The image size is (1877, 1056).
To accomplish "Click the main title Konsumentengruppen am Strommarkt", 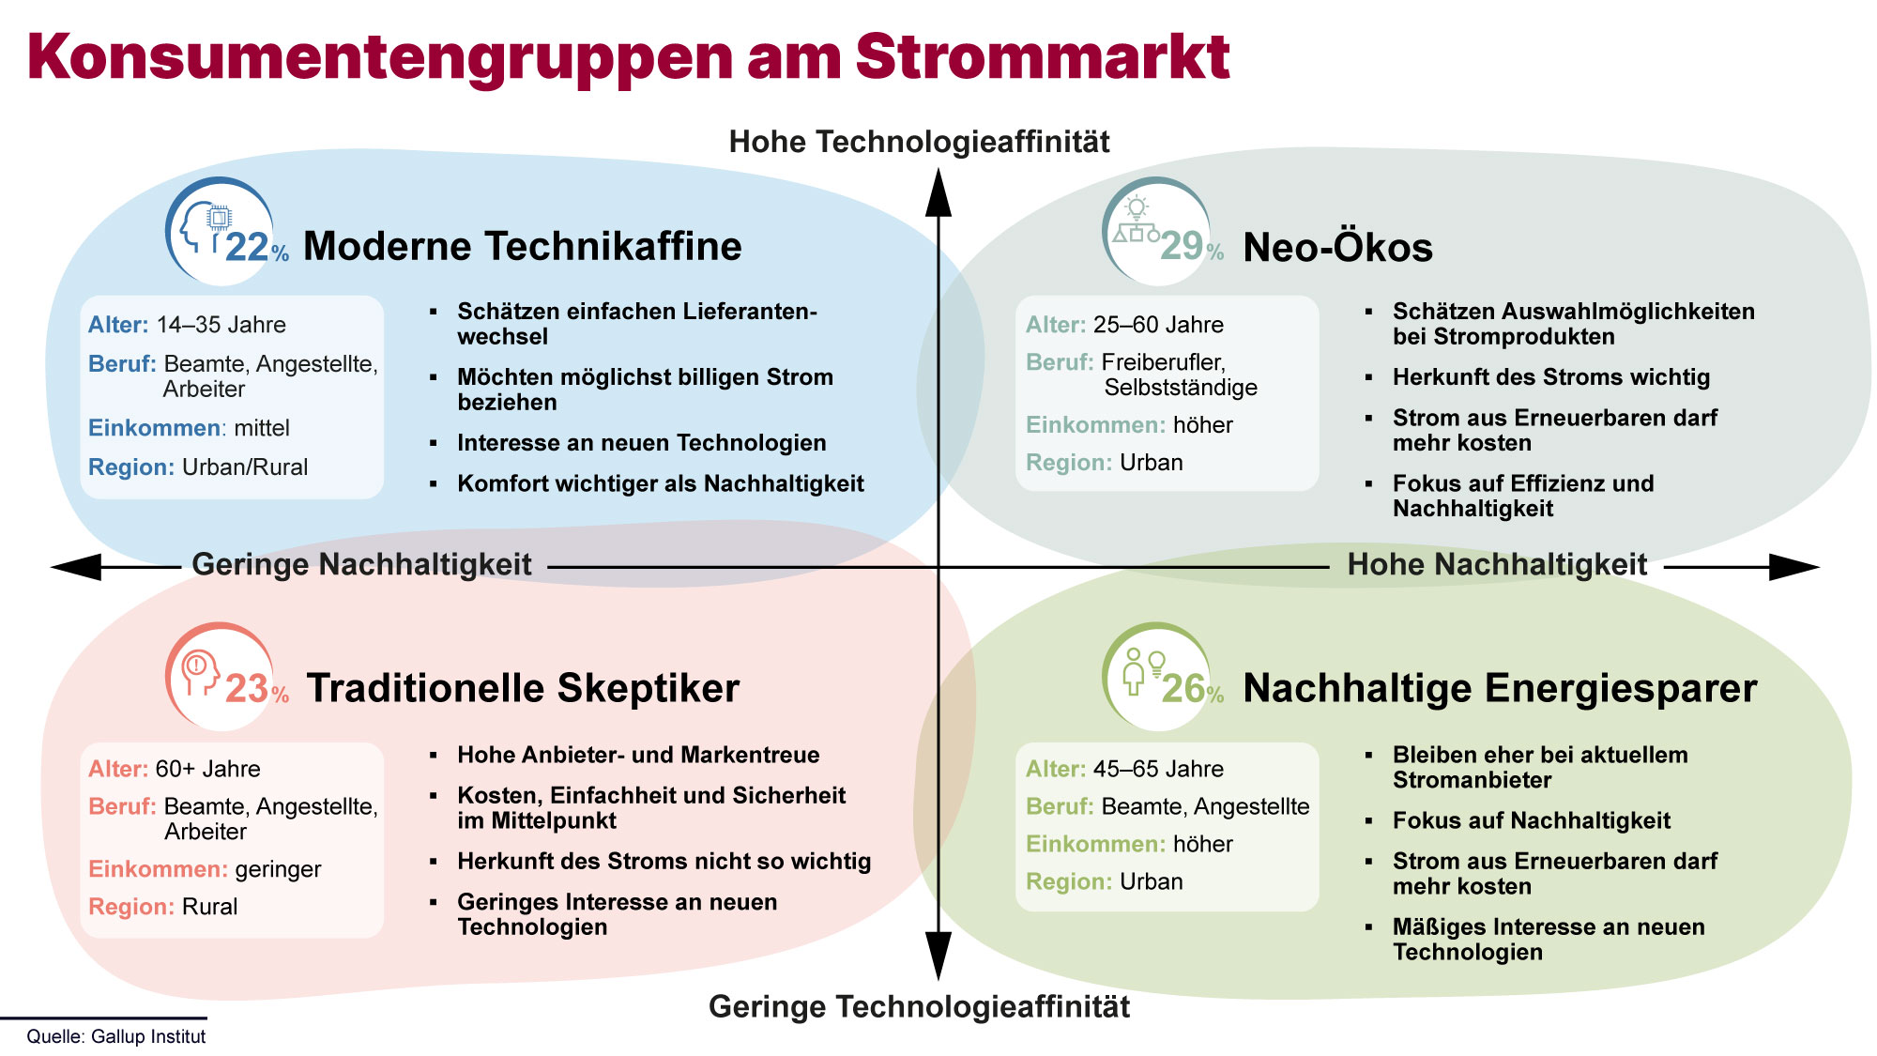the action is (x=628, y=58).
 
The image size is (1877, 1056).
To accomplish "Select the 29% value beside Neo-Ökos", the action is (x=1192, y=246).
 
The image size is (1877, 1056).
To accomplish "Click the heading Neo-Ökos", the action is (x=1338, y=247).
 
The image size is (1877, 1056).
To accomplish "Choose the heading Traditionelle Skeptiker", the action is (x=523, y=688).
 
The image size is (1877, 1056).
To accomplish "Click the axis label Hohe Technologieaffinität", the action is (x=919, y=142).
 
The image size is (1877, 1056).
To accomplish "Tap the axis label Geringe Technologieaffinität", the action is (x=919, y=1006).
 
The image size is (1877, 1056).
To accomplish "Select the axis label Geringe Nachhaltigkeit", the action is (x=361, y=564).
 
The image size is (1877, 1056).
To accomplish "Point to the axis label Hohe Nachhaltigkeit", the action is (x=1497, y=564).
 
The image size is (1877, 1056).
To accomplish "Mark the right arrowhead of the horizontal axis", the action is (x=1794, y=567).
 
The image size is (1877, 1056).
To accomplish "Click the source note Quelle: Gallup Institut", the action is (x=116, y=1036).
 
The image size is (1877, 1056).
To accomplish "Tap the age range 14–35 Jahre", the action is (x=221, y=325).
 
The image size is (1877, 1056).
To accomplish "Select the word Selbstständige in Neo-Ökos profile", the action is (x=1181, y=388).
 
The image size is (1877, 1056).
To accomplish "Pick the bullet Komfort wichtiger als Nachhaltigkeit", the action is (x=661, y=484).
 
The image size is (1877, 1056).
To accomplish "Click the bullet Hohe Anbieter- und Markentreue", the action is (x=638, y=755).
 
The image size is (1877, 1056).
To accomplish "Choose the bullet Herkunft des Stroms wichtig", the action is (x=1551, y=377).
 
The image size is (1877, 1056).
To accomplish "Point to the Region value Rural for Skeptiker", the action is (x=209, y=907).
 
